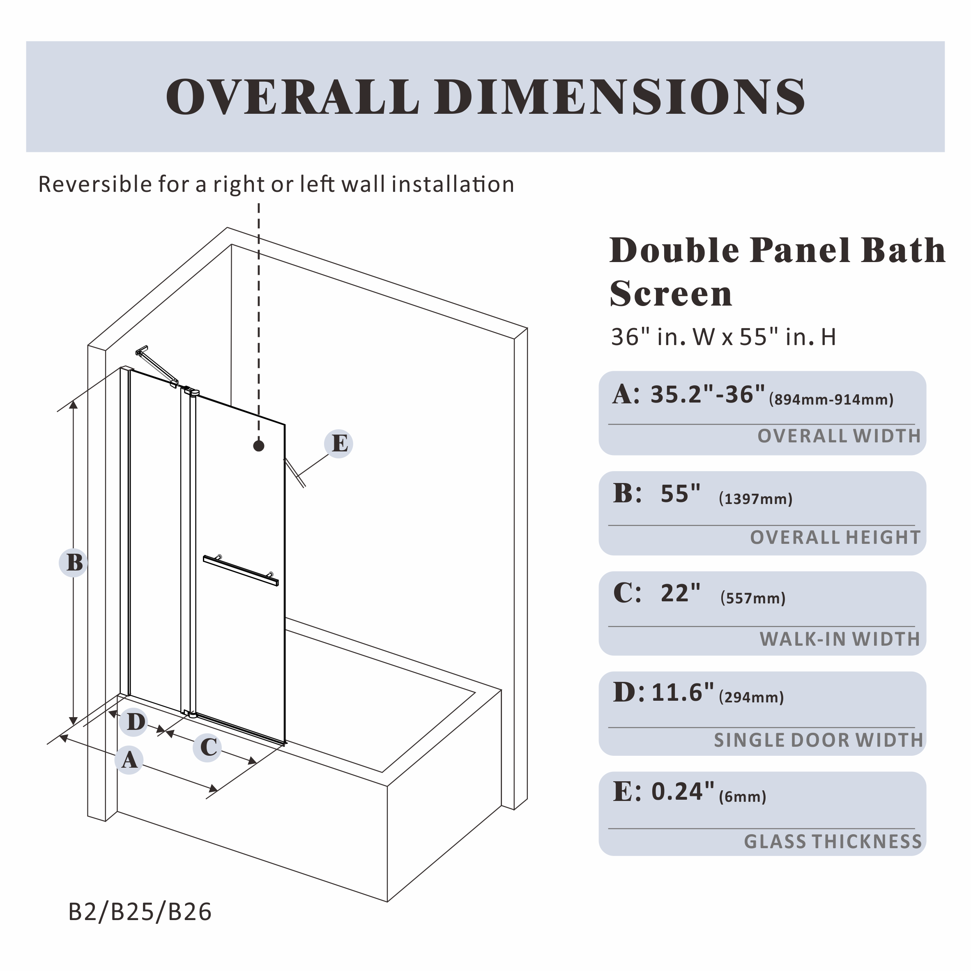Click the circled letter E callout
tap(339, 444)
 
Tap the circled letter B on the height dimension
tap(74, 562)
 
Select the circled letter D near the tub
tap(133, 722)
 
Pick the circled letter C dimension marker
tap(207, 747)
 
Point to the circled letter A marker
tap(129, 759)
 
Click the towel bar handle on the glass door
tap(240, 571)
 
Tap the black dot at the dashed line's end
tap(259, 446)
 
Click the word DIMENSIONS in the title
tap(620, 97)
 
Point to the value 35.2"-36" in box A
tap(707, 395)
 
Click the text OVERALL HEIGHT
tap(835, 538)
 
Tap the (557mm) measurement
tap(752, 598)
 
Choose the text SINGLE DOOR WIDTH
tap(818, 740)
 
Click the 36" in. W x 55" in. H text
tap(723, 337)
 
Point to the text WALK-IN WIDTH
tap(839, 639)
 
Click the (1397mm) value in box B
tap(755, 499)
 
